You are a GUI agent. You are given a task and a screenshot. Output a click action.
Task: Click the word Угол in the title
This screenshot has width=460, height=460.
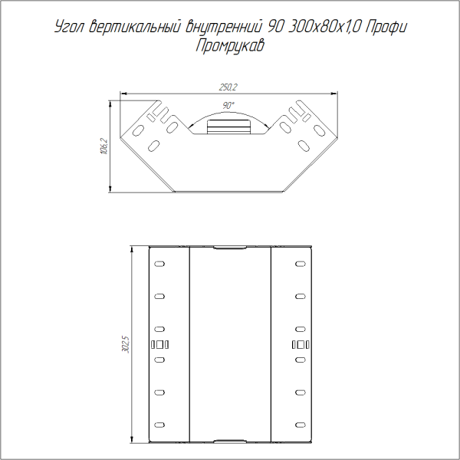click(70, 28)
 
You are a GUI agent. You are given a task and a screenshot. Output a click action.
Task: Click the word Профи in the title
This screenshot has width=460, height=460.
click(386, 28)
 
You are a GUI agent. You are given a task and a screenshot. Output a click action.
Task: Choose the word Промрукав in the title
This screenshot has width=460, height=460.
click(230, 45)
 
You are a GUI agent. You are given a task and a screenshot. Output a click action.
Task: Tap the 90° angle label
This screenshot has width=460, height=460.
click(228, 105)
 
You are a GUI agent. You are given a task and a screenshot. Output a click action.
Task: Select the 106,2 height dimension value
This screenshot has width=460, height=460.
click(104, 146)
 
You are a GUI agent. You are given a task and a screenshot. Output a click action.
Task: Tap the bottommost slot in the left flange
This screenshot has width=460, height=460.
click(159, 424)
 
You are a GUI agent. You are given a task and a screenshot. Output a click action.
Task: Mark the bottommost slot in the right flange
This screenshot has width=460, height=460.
click(300, 424)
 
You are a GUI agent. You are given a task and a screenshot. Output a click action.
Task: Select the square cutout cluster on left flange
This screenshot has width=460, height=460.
click(159, 344)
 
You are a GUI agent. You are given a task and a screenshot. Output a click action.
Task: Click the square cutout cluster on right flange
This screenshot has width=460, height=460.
click(300, 344)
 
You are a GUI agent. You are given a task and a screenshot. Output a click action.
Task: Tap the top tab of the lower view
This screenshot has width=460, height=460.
click(229, 248)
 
